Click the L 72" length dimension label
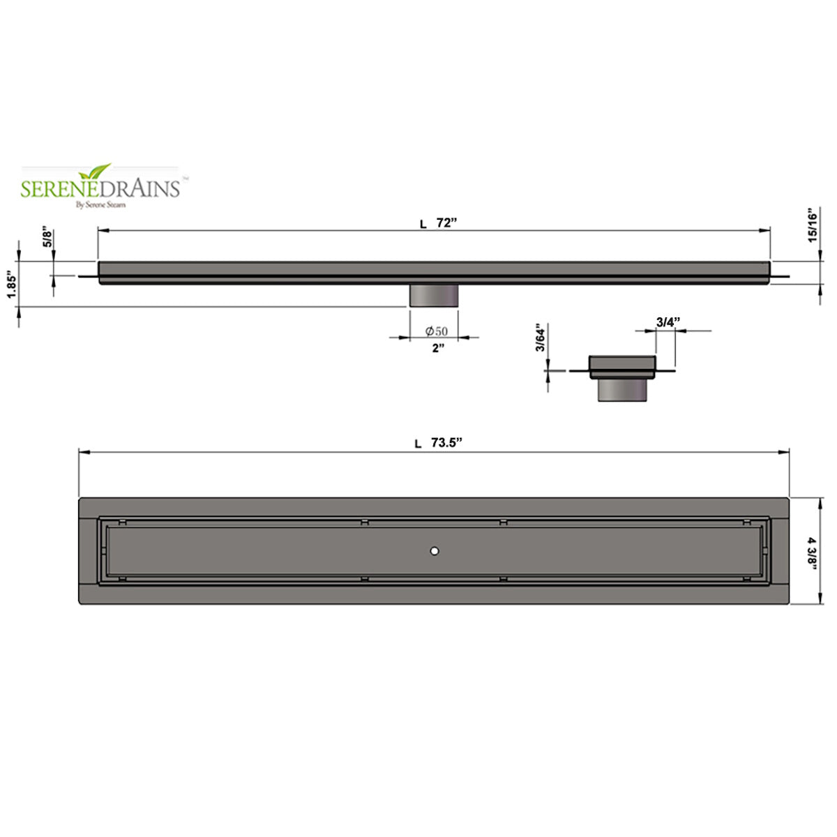438,223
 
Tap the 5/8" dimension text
47,236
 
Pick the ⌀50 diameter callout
437,331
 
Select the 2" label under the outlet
437,348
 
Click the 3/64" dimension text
539,338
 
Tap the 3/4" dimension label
668,322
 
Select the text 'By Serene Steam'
100,204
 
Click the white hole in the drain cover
435,551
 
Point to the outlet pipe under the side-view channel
433,295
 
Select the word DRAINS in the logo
143,188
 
